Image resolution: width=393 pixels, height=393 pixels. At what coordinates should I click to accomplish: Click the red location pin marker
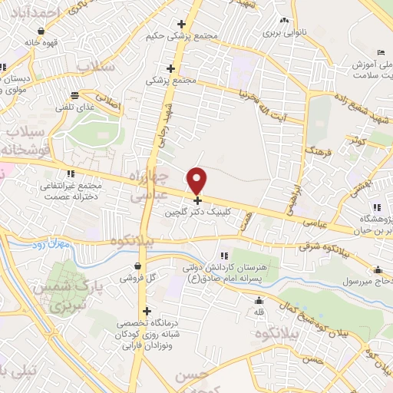[x=198, y=180]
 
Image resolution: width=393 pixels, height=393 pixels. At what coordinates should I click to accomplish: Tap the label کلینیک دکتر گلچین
[x=199, y=216]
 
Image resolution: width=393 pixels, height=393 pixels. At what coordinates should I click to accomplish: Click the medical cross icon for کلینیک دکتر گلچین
[x=198, y=200]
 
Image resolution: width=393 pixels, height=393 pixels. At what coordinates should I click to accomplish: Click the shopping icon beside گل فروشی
[x=137, y=266]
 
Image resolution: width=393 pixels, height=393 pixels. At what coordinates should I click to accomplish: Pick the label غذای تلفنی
[x=74, y=108]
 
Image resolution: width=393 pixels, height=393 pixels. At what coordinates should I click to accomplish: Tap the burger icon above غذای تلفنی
[x=74, y=96]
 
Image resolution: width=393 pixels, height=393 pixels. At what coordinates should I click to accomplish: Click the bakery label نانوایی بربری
[x=284, y=34]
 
